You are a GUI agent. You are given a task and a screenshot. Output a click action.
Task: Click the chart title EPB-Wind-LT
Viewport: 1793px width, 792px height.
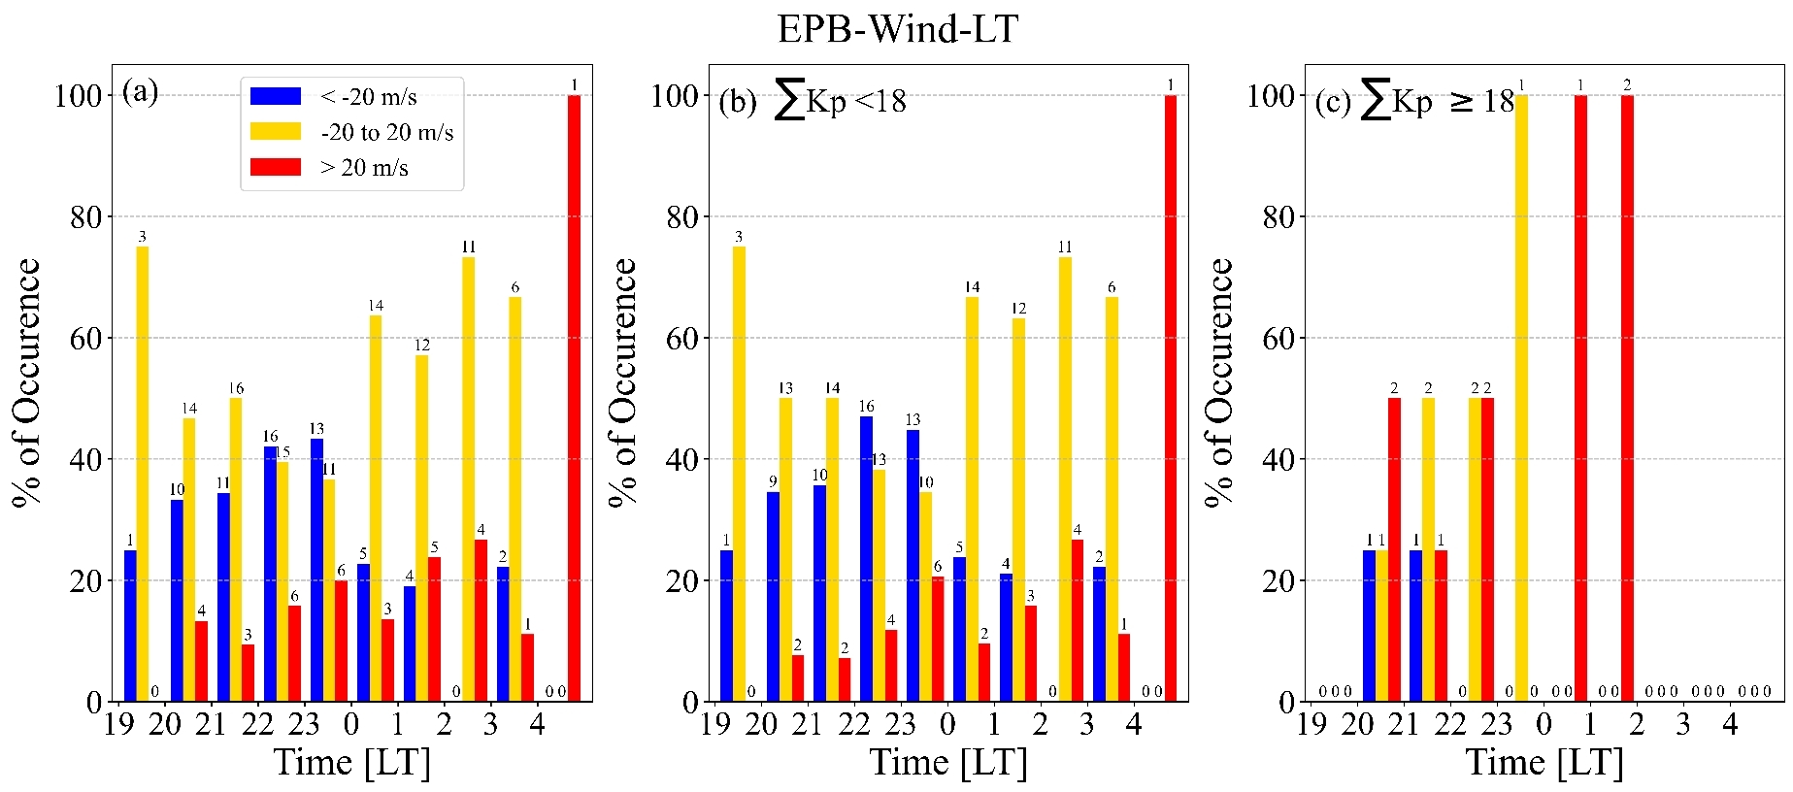[x=897, y=29]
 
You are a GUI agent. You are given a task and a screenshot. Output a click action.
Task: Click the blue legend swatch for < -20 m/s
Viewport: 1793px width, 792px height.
[x=276, y=96]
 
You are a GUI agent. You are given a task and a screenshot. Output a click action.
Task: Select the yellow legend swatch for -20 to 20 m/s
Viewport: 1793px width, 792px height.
[x=276, y=131]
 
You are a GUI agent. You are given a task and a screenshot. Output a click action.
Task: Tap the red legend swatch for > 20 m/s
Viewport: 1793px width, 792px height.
[x=276, y=167]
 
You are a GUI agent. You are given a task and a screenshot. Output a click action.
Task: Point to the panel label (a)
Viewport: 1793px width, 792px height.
[x=140, y=92]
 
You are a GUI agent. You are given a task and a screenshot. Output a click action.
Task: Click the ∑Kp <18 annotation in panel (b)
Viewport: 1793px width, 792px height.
[x=840, y=100]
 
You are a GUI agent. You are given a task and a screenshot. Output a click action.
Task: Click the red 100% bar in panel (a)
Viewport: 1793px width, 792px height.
[x=574, y=398]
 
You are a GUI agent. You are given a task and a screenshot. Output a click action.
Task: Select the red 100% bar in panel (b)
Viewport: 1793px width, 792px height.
[x=1170, y=398]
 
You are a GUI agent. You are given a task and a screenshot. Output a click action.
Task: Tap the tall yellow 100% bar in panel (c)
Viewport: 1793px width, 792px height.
[x=1521, y=398]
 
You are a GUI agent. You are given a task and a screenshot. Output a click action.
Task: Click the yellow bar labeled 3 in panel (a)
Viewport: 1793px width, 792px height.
[x=143, y=474]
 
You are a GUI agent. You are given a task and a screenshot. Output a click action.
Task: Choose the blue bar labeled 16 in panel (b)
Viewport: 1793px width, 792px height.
[x=866, y=558]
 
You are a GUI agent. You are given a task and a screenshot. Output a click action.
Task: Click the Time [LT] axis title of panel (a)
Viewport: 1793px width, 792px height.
[x=351, y=763]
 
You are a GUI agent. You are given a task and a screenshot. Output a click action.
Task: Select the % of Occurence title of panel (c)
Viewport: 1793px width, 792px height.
[x=1219, y=382]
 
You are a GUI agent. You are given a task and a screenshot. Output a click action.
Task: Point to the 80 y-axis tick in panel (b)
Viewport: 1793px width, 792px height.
[x=681, y=217]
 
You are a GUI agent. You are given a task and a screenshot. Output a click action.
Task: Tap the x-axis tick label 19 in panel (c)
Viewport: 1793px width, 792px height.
[x=1311, y=725]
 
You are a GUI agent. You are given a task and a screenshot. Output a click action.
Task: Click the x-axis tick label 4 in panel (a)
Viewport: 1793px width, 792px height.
[x=537, y=725]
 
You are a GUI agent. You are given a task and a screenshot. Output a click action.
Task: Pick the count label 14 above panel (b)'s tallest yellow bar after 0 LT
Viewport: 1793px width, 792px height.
[x=972, y=287]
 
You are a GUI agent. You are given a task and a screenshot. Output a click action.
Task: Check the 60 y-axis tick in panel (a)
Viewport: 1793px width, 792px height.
[x=85, y=339]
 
